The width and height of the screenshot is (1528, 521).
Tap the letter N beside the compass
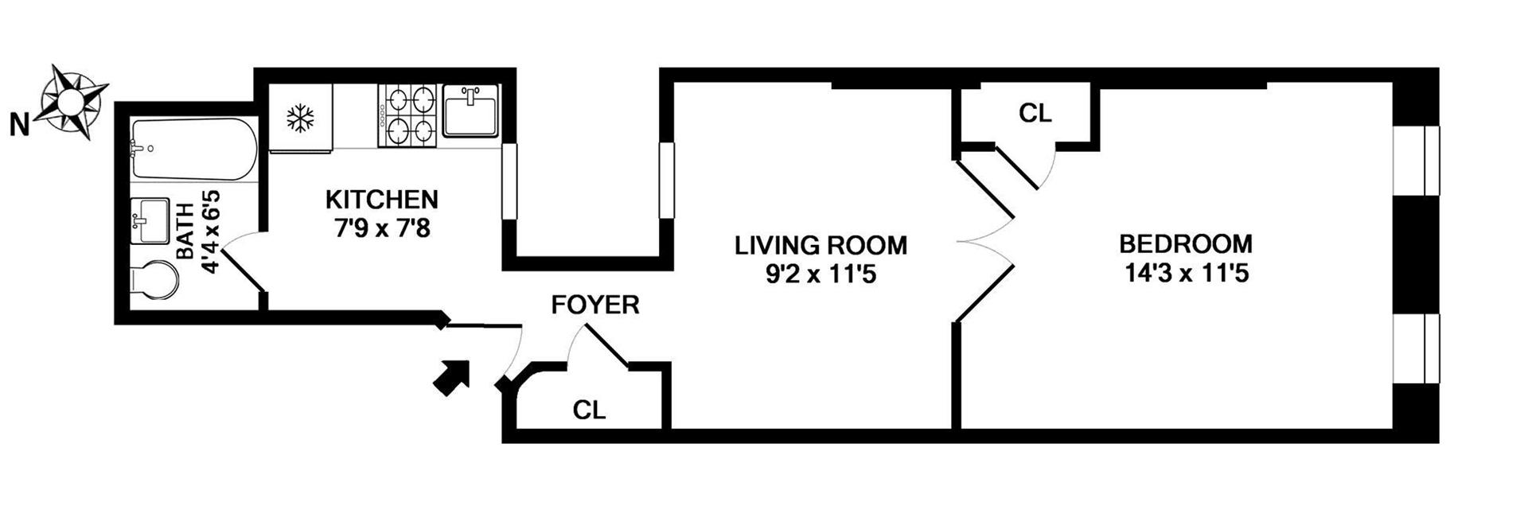pyautogui.click(x=20, y=125)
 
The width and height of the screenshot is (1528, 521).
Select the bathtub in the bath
pyautogui.click(x=193, y=150)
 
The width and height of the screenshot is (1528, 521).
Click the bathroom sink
pyautogui.click(x=150, y=220)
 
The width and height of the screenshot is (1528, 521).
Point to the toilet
pyautogui.click(x=154, y=282)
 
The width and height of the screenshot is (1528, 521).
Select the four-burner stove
pyautogui.click(x=409, y=115)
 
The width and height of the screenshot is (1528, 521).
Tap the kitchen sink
pyautogui.click(x=470, y=111)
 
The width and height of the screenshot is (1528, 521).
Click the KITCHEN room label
pyautogui.click(x=381, y=199)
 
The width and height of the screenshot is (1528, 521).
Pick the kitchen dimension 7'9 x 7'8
pyautogui.click(x=381, y=229)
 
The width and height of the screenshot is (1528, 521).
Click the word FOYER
pyautogui.click(x=595, y=305)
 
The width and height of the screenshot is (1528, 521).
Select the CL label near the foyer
pyautogui.click(x=589, y=410)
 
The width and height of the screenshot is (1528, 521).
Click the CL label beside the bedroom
pyautogui.click(x=1035, y=114)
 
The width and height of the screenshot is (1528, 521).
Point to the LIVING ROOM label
pyautogui.click(x=821, y=245)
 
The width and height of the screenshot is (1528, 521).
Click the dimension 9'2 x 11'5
pyautogui.click(x=821, y=275)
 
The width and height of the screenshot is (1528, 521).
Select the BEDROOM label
pyautogui.click(x=1186, y=243)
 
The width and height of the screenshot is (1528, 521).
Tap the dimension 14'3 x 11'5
pyautogui.click(x=1186, y=274)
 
